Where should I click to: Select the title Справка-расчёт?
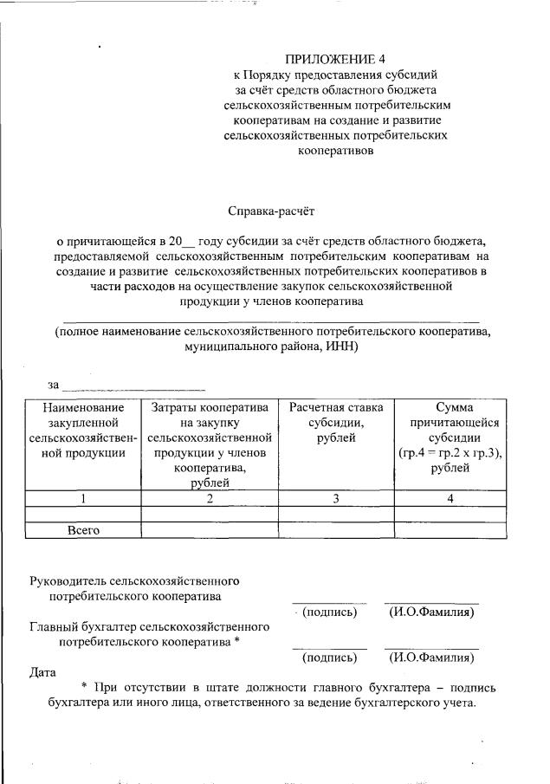[x=274, y=211]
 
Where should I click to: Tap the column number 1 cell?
[x=83, y=498]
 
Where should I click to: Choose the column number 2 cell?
[x=209, y=498]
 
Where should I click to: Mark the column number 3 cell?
[x=335, y=498]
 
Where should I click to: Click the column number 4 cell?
[x=450, y=498]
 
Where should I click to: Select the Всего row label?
[x=84, y=530]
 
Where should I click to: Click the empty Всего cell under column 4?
[x=450, y=530]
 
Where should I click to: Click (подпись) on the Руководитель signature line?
[x=329, y=613]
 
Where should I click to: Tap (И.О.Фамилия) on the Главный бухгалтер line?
[x=431, y=658]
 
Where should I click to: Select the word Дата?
[x=42, y=671]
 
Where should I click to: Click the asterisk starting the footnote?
[x=84, y=687]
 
